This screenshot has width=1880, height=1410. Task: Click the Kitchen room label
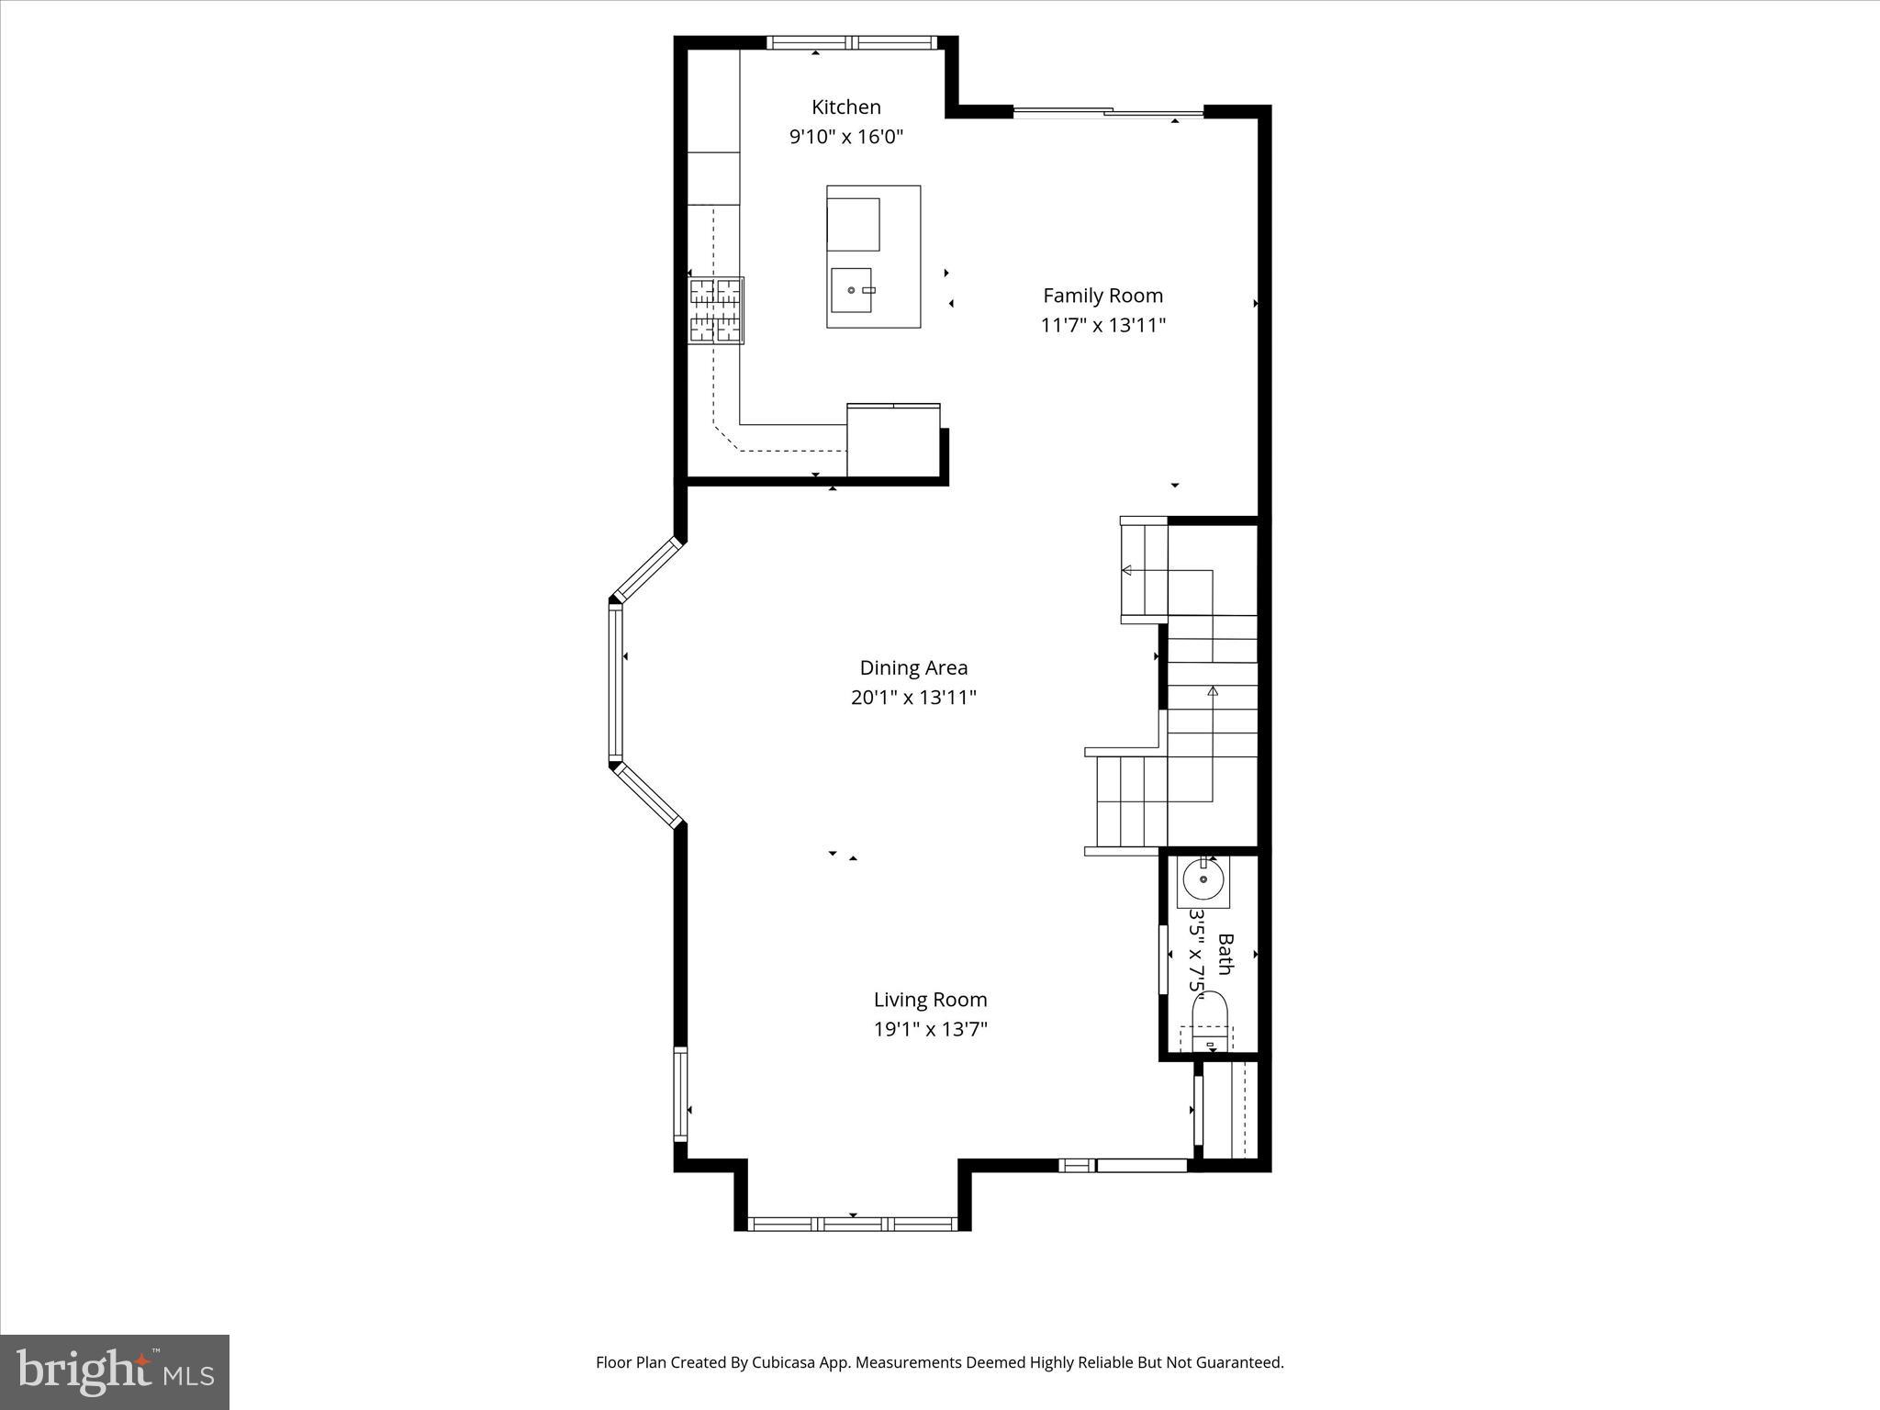[x=845, y=106]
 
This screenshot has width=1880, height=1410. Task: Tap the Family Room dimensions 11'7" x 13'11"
[x=1102, y=325]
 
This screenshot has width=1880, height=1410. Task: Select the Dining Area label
[x=912, y=667]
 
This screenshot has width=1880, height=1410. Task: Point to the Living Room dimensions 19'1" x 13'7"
[x=930, y=1029]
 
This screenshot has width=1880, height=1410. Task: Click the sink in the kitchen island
[x=851, y=290]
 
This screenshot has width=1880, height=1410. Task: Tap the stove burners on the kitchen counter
[x=716, y=310]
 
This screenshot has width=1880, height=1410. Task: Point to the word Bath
[x=1225, y=955]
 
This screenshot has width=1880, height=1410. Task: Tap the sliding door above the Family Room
[x=1108, y=113]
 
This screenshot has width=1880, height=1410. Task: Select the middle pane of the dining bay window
[x=615, y=682]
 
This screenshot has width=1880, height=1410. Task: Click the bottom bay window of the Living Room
[x=853, y=1223]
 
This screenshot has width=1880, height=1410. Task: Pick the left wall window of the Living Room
[x=680, y=1094]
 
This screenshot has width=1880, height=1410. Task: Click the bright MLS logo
[x=115, y=1372]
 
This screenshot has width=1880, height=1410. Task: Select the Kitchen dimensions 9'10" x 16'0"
[x=845, y=138]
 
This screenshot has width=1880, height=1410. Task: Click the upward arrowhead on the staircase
[x=1213, y=689]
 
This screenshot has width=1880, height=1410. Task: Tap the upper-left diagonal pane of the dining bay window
[x=647, y=569]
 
